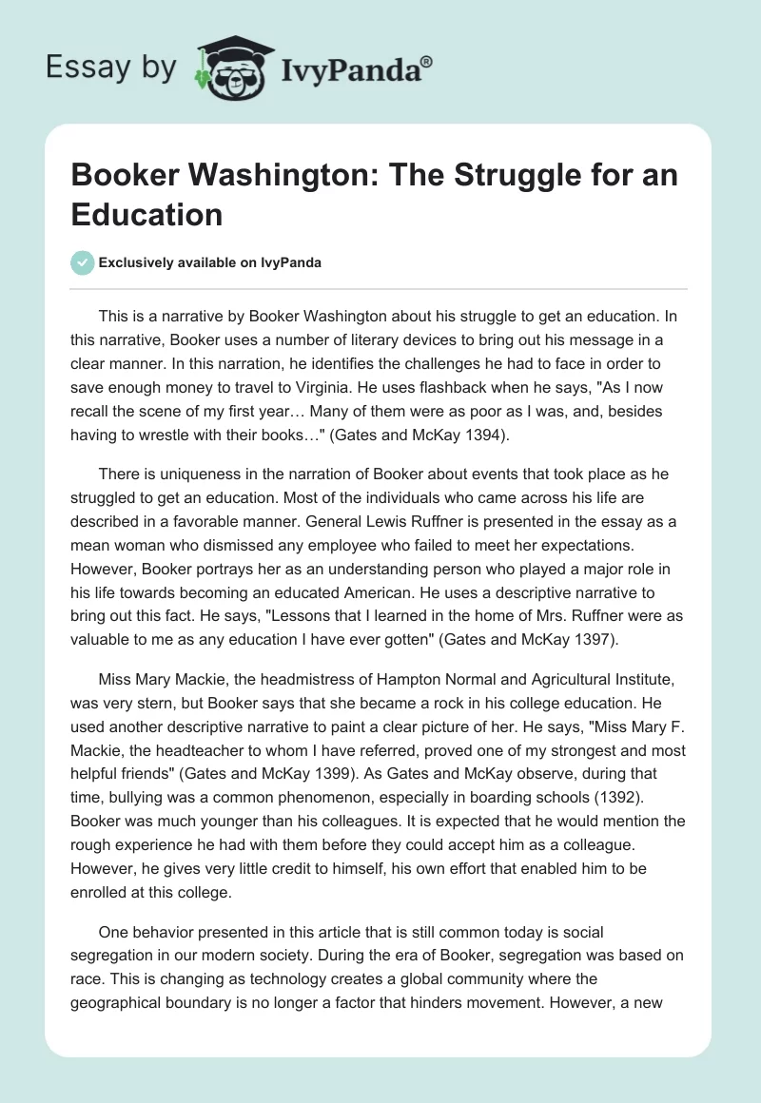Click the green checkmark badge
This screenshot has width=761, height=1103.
click(x=83, y=262)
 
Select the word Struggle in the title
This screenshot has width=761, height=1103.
click(x=469, y=178)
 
